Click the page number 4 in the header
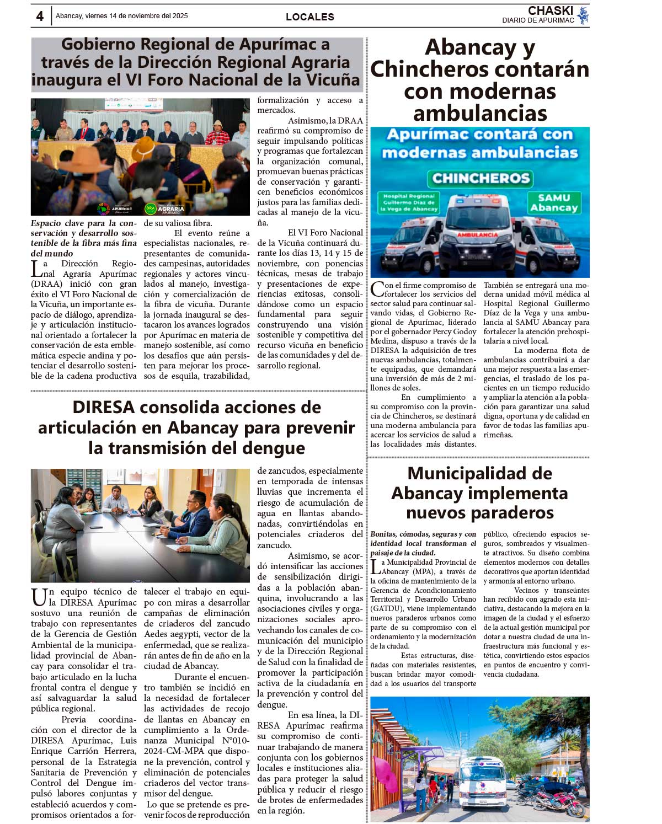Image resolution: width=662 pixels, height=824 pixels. (x=40, y=16)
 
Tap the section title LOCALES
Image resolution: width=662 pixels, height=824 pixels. (x=309, y=17)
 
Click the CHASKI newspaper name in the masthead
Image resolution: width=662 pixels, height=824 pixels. (x=550, y=10)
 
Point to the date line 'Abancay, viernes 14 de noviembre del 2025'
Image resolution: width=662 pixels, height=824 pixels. (x=121, y=16)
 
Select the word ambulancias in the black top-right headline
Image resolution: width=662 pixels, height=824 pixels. (x=480, y=114)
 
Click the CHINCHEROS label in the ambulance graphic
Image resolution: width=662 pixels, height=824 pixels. (x=481, y=178)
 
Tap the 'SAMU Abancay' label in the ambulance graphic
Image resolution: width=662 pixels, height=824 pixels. (x=554, y=202)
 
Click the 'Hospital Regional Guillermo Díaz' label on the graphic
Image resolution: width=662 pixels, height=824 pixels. (x=409, y=202)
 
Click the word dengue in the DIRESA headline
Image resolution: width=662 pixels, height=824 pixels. (x=274, y=448)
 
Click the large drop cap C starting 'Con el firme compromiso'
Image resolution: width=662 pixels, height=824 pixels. (x=377, y=289)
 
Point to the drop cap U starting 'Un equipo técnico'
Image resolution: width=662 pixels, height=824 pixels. (x=39, y=597)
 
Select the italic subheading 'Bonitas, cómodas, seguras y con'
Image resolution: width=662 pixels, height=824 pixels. (x=423, y=534)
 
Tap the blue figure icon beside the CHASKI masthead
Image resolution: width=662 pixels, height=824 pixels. (x=583, y=15)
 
